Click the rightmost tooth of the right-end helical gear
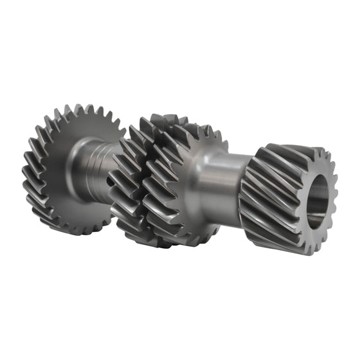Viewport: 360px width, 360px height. tap(332, 193)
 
